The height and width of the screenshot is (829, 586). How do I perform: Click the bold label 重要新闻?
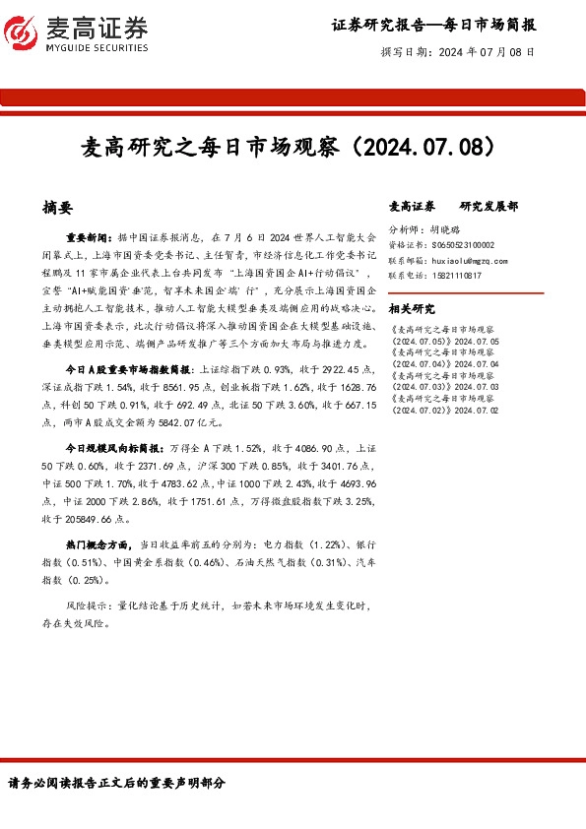pyautogui.click(x=89, y=237)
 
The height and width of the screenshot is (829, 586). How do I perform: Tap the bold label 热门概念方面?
pyautogui.click(x=100, y=542)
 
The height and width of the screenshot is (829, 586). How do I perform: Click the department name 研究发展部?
pyautogui.click(x=488, y=207)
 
